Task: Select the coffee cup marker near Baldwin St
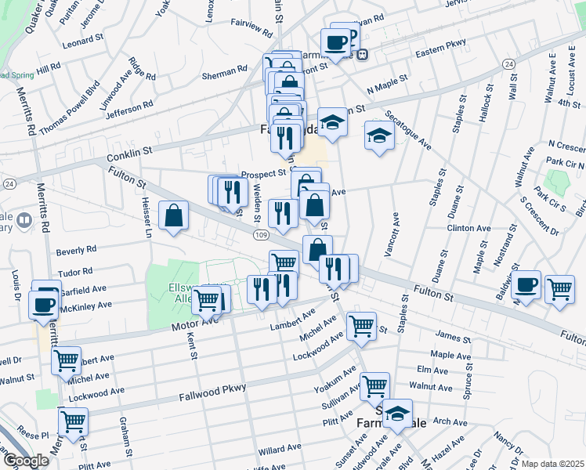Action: tap(527, 285)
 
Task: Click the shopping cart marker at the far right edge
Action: tap(559, 289)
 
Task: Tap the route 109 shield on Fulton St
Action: tap(260, 234)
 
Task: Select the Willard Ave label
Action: tap(280, 450)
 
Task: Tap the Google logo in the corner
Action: tap(25, 460)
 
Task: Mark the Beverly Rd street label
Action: tap(76, 249)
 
